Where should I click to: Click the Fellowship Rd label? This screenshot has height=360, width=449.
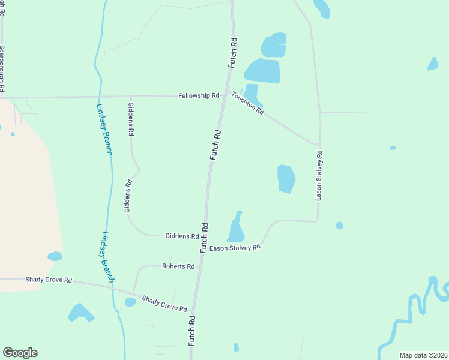(x=199, y=96)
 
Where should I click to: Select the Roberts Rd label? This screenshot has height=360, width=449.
(x=178, y=266)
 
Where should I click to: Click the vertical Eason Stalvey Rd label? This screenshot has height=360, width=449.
(x=319, y=175)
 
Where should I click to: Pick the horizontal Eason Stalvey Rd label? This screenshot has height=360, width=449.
(x=235, y=247)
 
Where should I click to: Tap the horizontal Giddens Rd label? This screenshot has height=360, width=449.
(x=182, y=236)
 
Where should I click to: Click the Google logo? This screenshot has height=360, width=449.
(x=20, y=353)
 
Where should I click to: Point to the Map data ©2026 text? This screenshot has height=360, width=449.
(x=423, y=355)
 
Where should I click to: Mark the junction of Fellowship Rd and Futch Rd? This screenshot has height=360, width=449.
(x=223, y=95)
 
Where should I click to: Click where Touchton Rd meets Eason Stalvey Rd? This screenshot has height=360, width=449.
(x=319, y=144)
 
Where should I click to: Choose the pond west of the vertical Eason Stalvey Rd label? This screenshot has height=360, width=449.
(x=286, y=179)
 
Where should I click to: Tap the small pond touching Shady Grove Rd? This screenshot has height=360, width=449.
(x=130, y=302)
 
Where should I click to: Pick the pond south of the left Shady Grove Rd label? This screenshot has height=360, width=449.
(x=80, y=313)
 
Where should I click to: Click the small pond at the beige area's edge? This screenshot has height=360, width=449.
(x=55, y=256)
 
